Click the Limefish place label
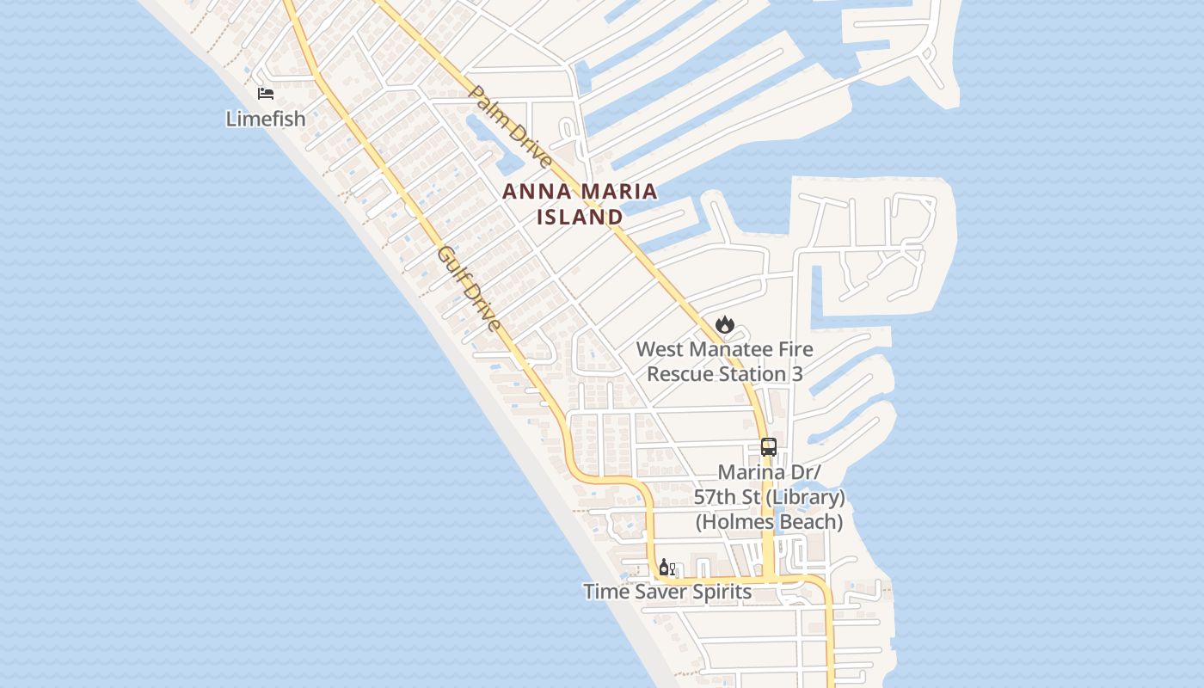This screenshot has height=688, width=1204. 266,119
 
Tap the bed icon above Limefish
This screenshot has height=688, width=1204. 266,93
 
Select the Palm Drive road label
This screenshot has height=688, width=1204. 509,126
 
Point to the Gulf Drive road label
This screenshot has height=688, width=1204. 469,289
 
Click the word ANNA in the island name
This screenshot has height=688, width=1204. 531,192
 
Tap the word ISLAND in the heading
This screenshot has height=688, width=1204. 580,217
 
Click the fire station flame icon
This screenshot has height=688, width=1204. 725,325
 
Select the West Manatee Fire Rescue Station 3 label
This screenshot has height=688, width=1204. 724,362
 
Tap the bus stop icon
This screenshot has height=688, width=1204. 769,447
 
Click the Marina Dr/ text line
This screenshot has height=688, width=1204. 770,472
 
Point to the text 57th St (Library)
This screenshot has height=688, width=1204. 770,497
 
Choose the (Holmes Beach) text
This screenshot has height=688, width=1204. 770,522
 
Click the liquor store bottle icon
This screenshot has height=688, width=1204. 666,568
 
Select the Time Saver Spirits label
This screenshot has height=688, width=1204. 667,592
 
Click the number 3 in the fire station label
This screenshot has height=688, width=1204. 797,374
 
